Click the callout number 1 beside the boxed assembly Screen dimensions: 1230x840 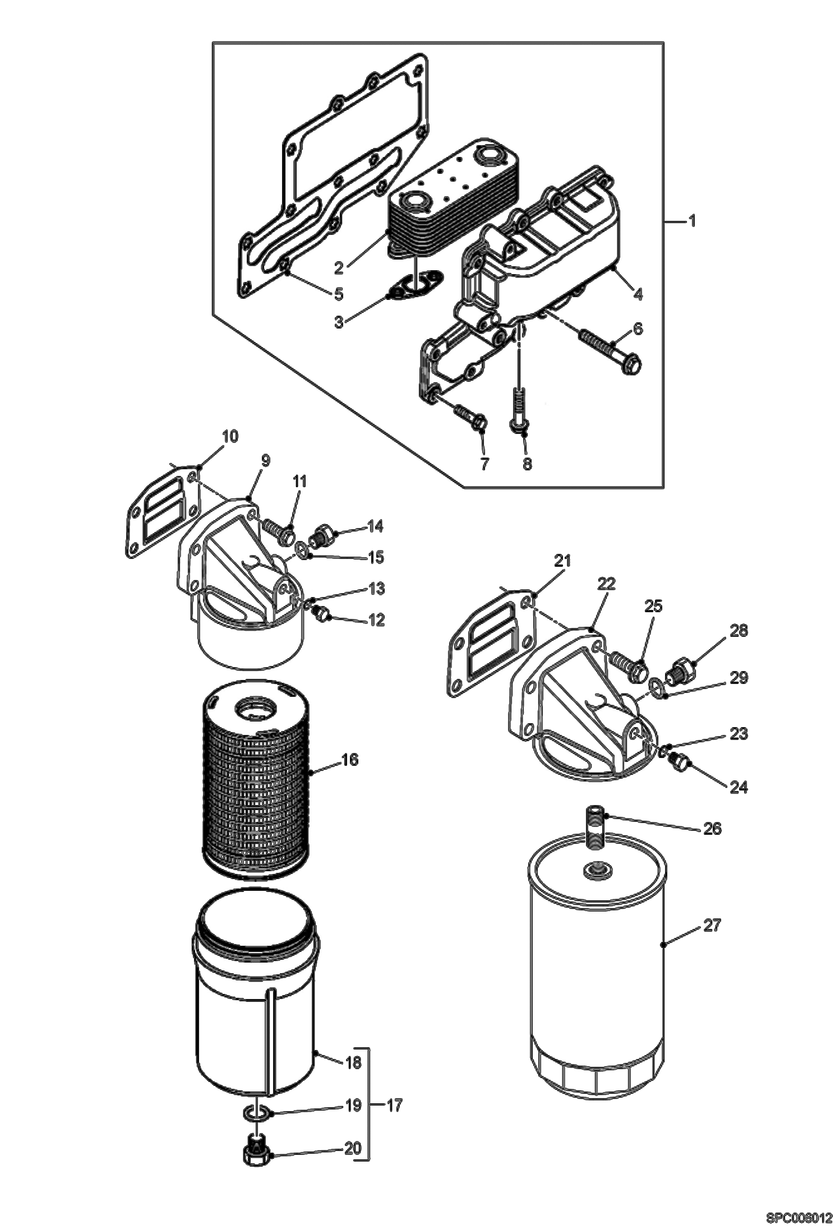click(692, 222)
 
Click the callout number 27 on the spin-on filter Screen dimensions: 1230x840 click(711, 925)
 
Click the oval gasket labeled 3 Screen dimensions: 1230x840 click(414, 284)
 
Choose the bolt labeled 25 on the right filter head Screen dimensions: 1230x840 click(630, 664)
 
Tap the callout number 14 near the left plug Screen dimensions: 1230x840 click(375, 526)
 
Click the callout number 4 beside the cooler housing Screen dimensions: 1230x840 click(638, 294)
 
